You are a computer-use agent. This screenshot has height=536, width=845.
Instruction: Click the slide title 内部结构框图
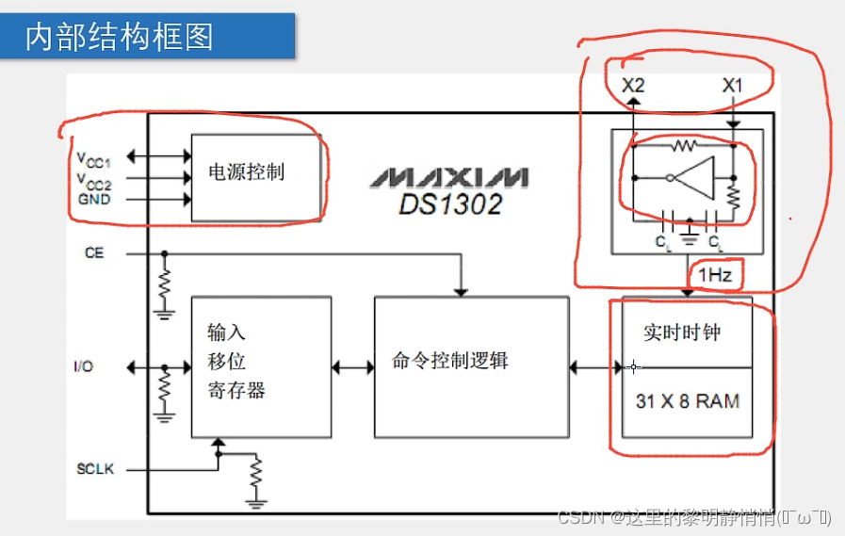click(x=119, y=36)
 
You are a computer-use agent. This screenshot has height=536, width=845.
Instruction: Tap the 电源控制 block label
click(x=246, y=172)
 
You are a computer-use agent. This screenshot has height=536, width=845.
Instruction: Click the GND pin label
click(x=94, y=199)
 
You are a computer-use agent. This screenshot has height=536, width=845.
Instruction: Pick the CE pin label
click(x=94, y=253)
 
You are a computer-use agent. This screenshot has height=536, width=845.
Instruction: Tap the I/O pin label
click(x=84, y=366)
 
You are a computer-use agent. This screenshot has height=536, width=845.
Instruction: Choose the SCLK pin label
click(x=95, y=468)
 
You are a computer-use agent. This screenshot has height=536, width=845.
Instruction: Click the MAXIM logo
click(x=448, y=177)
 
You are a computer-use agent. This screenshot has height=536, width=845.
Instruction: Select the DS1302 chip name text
click(x=449, y=204)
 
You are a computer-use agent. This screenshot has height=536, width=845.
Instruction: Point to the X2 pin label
click(x=634, y=86)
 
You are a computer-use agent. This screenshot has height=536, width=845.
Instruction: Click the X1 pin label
click(x=732, y=86)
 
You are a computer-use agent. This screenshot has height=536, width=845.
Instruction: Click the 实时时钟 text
click(x=682, y=333)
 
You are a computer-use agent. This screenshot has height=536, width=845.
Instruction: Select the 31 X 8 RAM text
click(x=687, y=401)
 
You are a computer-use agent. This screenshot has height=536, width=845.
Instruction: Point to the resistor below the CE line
click(x=165, y=283)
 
